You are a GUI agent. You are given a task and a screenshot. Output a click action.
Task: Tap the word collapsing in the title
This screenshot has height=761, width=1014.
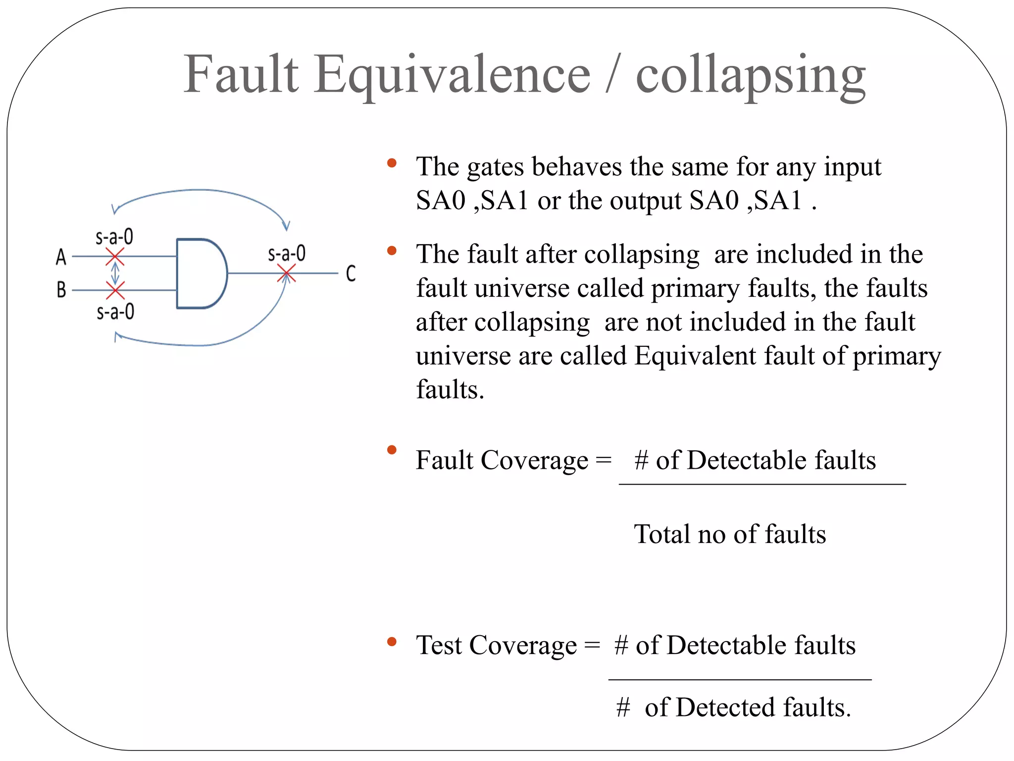[x=751, y=75]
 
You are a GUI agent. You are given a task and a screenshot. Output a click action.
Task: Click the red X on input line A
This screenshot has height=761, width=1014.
[x=115, y=257]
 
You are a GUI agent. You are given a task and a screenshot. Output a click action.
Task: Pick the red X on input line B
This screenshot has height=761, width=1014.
[x=115, y=290]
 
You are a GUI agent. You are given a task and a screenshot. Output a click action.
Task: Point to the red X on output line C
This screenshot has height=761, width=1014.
[x=286, y=273]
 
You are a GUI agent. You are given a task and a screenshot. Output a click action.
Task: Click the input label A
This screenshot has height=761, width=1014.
[x=61, y=257]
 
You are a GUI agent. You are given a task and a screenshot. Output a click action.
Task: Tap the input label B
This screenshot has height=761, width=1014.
[x=61, y=290]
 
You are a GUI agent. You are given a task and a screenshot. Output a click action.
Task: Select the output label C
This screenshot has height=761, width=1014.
[x=351, y=273]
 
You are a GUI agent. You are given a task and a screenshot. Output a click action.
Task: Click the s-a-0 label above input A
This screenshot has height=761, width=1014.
[x=114, y=237]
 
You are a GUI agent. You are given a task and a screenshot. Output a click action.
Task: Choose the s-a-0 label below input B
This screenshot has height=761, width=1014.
[x=115, y=312]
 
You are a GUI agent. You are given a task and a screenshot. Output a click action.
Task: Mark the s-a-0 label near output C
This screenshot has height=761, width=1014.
[x=287, y=254]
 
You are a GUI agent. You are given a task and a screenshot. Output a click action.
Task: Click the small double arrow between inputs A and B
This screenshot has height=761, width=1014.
[x=115, y=273]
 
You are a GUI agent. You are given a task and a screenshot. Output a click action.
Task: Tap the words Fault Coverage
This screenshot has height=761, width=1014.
[x=502, y=460]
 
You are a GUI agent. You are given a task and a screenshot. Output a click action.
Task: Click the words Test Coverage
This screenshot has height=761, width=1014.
[x=496, y=646]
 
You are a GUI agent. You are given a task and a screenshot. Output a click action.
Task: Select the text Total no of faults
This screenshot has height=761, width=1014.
[x=730, y=534]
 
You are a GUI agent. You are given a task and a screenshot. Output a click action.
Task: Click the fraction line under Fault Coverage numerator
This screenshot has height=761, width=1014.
[x=762, y=484]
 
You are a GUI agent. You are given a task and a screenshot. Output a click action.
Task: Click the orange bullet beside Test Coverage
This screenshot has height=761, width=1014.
[x=392, y=642]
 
